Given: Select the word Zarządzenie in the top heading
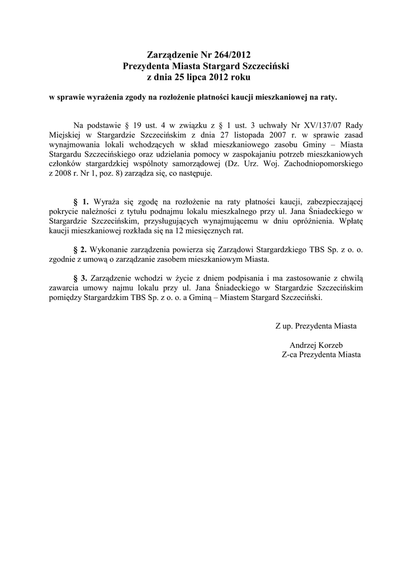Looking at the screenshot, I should click(171, 55).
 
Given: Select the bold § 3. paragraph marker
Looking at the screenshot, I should click(82, 278).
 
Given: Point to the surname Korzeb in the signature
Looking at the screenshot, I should click(337, 345).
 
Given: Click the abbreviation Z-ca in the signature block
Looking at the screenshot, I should click(291, 354).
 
